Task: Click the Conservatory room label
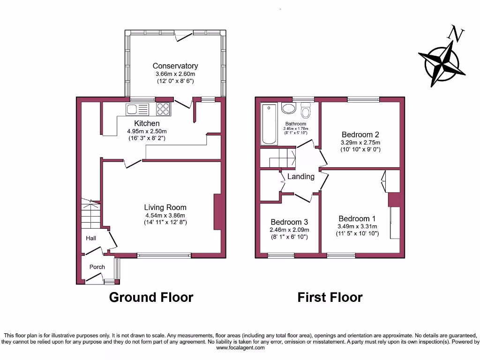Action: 175,66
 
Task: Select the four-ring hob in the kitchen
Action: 163,109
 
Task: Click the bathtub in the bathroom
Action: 269,124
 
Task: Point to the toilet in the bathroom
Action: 306,111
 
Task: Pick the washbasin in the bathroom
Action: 288,108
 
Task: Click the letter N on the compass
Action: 453,33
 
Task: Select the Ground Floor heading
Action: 151,297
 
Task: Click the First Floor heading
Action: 330,297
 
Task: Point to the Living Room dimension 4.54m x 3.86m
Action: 165,216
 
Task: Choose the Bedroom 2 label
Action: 360,135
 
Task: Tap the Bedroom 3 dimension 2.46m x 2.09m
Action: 289,230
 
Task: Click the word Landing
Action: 300,177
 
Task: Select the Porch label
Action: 97,267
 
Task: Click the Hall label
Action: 90,238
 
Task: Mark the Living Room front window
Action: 164,256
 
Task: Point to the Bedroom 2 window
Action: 363,99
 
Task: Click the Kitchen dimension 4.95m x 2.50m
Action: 147,131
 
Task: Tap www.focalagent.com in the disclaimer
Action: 240,348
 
